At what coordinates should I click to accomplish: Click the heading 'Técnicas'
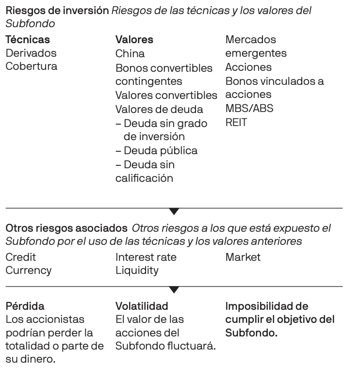[x=27, y=40]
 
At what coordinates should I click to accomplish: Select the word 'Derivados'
[x=31, y=53]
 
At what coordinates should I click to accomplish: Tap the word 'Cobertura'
[x=31, y=66]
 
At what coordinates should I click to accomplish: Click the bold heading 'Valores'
[x=134, y=40]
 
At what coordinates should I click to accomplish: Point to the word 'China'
[x=130, y=53]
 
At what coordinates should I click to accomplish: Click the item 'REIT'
[x=236, y=122]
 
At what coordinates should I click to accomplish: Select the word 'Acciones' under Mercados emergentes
[x=248, y=67]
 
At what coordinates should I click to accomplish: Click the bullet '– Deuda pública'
[x=156, y=151]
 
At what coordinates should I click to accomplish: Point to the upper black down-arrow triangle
[x=174, y=211]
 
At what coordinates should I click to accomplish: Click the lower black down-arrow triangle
[x=174, y=290]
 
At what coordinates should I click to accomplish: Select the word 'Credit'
[x=20, y=257]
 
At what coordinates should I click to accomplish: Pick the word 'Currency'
[x=28, y=271]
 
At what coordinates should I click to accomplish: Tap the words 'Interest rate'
[x=146, y=257]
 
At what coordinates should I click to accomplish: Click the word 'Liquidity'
[x=136, y=271]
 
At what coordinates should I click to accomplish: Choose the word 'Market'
[x=243, y=257]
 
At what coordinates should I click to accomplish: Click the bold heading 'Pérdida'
[x=25, y=306]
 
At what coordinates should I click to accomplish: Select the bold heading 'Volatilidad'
[x=142, y=306]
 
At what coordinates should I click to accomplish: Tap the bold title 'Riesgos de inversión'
[x=57, y=11]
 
